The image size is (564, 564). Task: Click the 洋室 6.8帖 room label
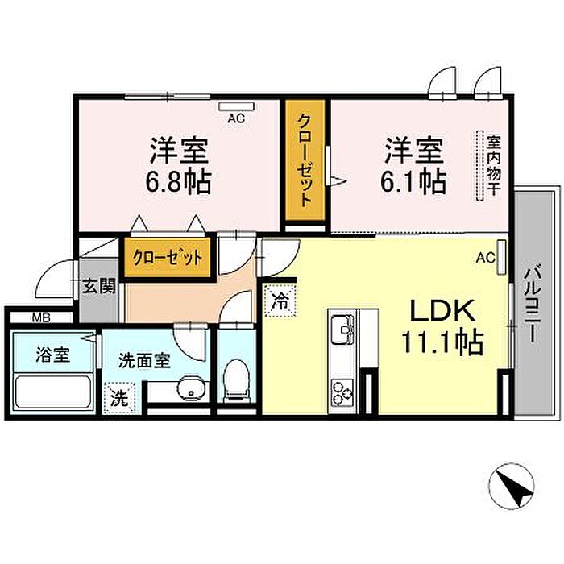179,166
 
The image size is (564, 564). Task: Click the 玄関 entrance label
100,286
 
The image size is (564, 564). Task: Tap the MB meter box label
40,317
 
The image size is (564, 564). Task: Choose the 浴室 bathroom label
52,355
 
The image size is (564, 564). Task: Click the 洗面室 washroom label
144,360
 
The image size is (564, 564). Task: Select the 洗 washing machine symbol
118,397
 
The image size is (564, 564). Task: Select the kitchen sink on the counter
342,330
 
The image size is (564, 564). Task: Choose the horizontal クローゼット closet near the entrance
168,258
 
